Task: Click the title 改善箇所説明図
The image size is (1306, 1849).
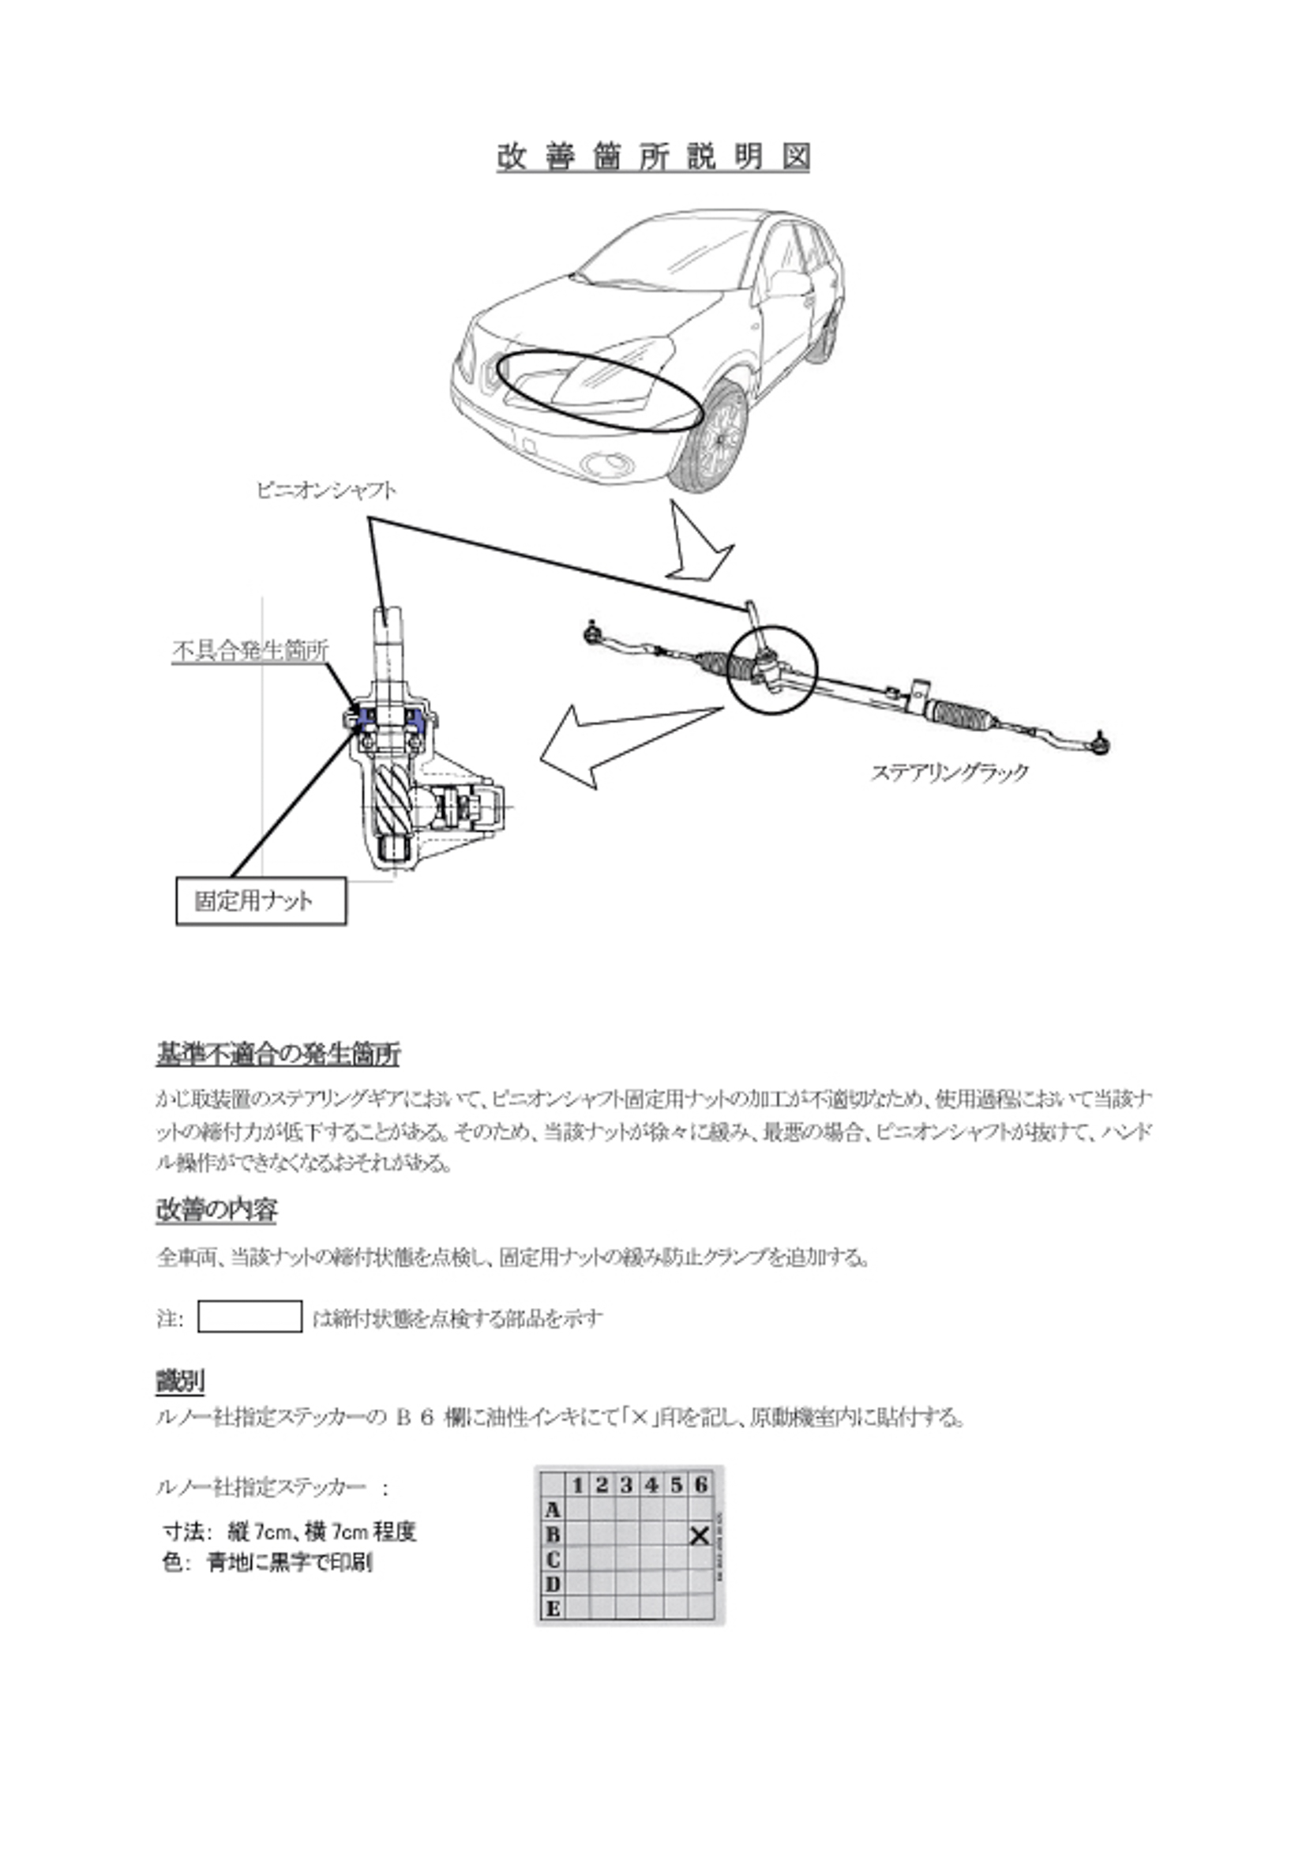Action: click(x=653, y=156)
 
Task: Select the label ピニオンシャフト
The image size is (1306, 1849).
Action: click(x=326, y=490)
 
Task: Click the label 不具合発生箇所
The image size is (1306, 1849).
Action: click(x=250, y=651)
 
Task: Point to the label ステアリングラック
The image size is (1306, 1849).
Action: click(x=950, y=772)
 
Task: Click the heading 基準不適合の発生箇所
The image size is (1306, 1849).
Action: click(x=278, y=1054)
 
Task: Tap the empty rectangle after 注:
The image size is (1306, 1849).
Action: click(x=250, y=1317)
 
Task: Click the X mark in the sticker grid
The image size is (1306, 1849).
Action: click(x=700, y=1535)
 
